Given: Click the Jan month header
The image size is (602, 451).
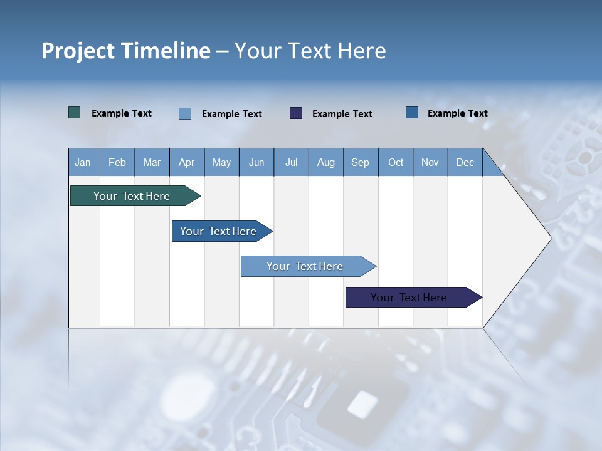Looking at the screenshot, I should (x=83, y=162).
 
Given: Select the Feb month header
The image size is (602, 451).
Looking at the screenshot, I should (x=117, y=162).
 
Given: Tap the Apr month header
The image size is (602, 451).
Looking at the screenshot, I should (x=187, y=162).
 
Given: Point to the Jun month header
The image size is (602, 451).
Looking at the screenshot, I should (x=256, y=162).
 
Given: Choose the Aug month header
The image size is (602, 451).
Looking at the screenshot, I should (x=326, y=162).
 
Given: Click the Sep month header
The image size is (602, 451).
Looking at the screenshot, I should (x=360, y=162).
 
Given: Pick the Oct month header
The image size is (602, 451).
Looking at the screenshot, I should (x=396, y=162).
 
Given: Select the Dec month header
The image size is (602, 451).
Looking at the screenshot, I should (x=465, y=162).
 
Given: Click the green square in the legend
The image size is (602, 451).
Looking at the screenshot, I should (x=75, y=113).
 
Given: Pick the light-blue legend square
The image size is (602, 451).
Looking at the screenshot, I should (x=185, y=113).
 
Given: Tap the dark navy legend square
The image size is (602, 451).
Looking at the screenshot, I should (x=296, y=113).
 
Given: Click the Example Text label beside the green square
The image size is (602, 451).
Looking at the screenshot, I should (x=122, y=113).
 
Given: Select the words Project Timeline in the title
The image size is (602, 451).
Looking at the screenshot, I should (x=126, y=51).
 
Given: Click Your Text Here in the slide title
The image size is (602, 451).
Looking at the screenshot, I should (x=310, y=51).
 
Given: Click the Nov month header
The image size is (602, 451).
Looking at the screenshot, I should (x=430, y=162).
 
